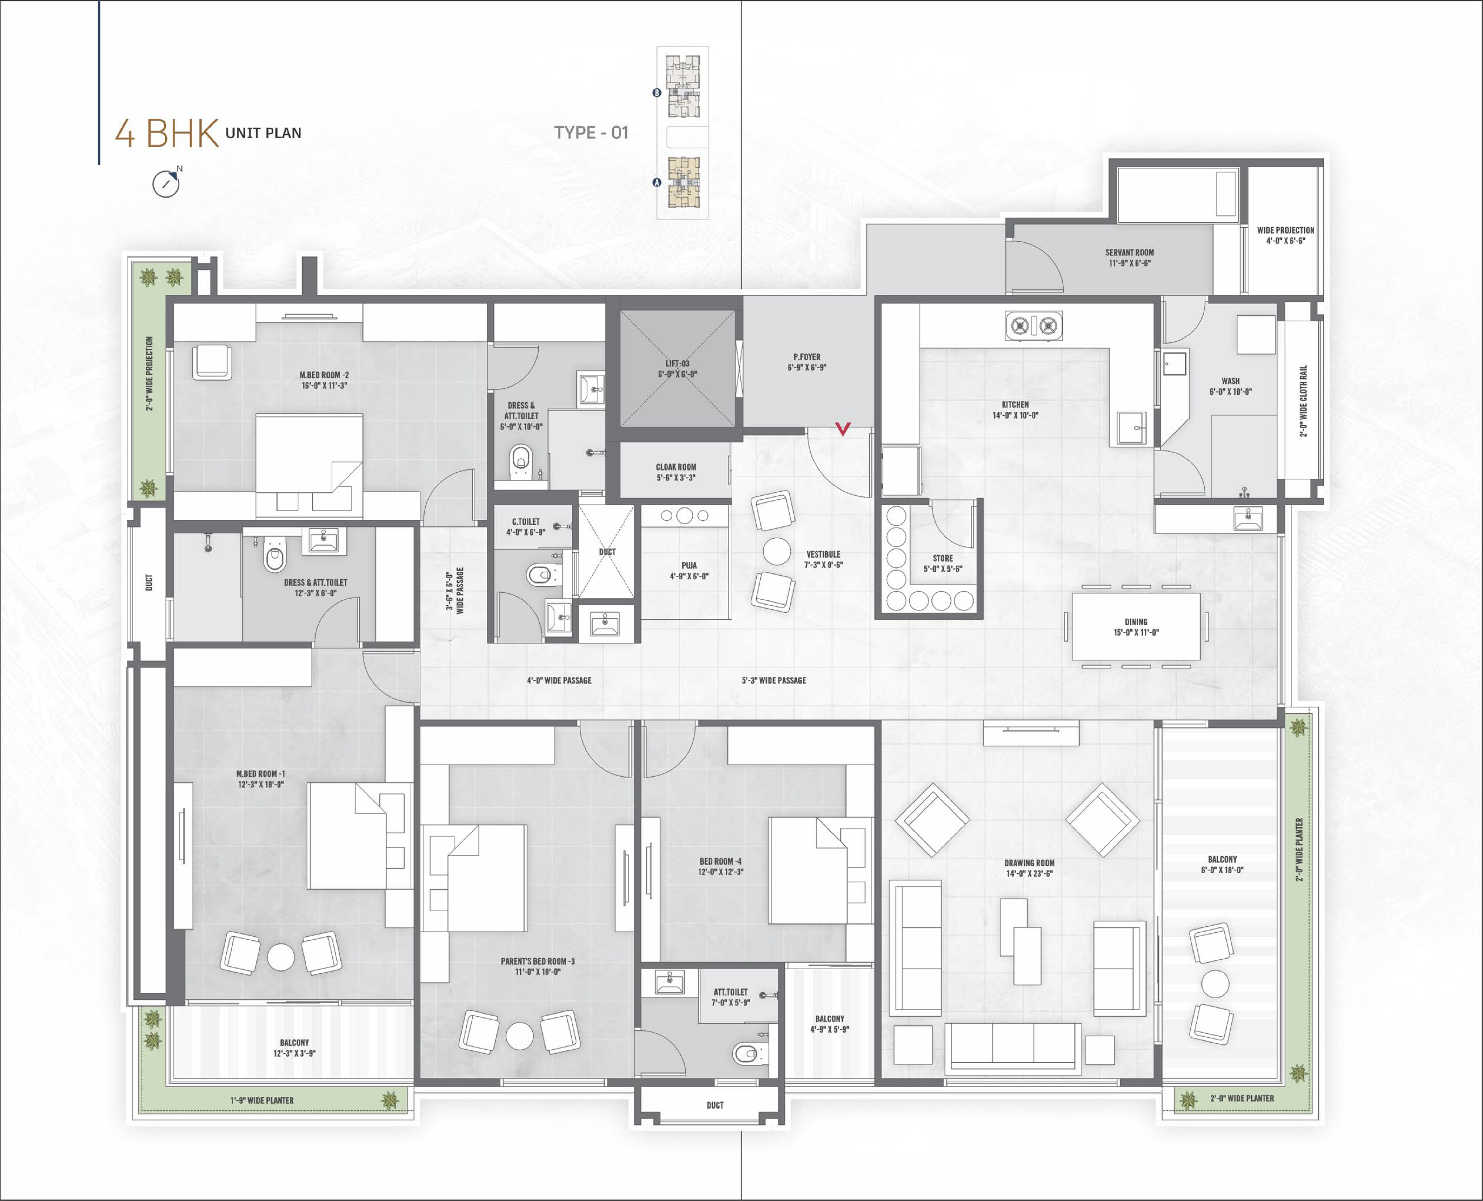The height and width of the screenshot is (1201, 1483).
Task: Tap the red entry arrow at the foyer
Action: click(843, 429)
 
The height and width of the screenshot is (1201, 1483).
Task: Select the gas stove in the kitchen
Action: click(1033, 325)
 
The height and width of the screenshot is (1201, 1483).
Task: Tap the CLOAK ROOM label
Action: click(676, 472)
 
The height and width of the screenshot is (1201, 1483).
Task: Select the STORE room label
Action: click(942, 563)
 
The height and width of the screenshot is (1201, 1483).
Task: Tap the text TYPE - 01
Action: click(591, 132)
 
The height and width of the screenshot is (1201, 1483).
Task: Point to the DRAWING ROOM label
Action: click(1029, 868)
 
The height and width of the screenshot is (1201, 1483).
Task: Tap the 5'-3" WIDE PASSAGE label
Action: click(774, 680)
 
